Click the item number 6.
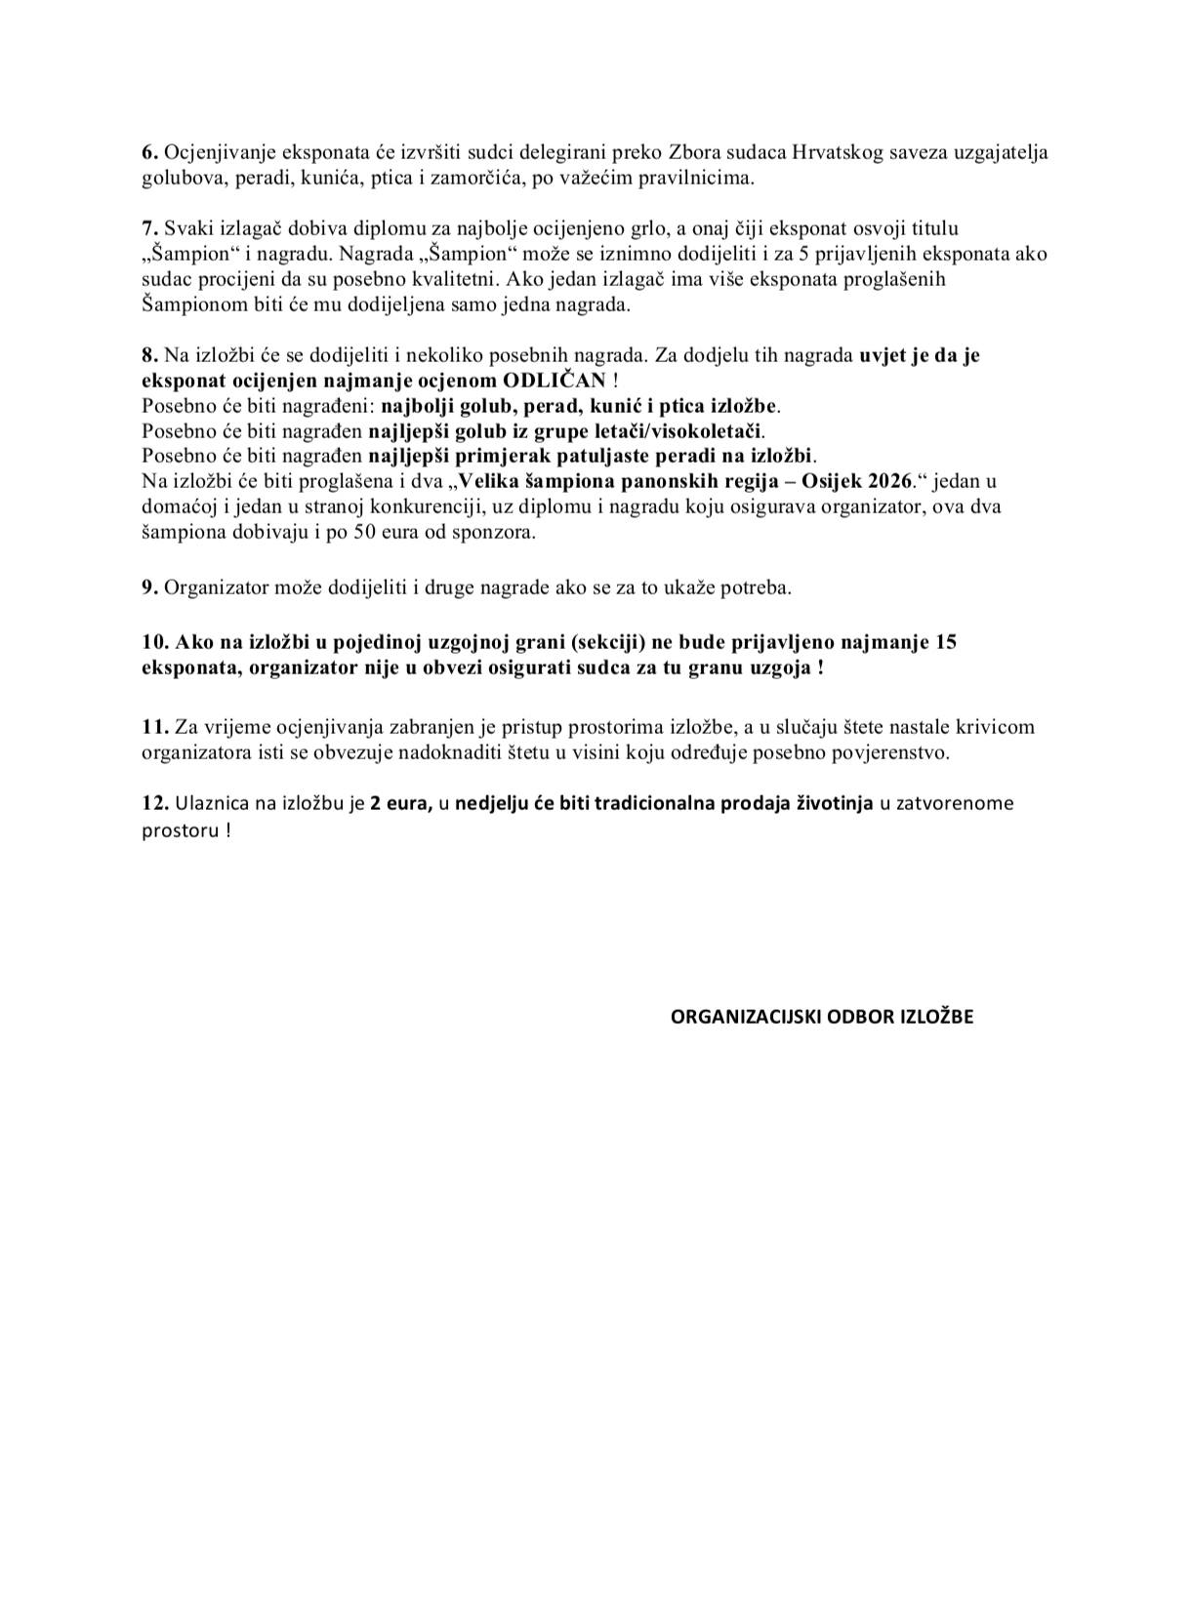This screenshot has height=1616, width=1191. [149, 152]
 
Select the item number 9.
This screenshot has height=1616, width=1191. [149, 587]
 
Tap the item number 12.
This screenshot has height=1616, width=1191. [155, 803]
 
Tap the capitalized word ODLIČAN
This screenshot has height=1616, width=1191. [554, 380]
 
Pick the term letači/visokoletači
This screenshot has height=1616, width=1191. [678, 430]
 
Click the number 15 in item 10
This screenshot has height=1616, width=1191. [945, 642]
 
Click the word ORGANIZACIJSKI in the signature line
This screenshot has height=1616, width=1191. [745, 1017]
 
